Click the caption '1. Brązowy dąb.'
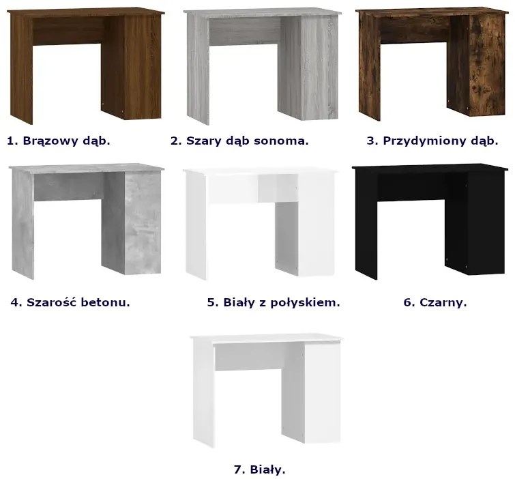tap(59, 141)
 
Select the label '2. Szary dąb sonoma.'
tap(239, 141)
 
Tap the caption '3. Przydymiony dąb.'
tap(432, 141)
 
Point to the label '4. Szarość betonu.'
tap(70, 302)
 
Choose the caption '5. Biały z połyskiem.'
tap(274, 302)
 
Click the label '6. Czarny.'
tap(435, 302)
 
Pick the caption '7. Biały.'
tap(259, 470)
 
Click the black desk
tap(430, 221)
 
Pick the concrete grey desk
tap(87, 221)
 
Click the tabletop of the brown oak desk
tap(85, 12)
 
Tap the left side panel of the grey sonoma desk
tap(198, 69)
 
